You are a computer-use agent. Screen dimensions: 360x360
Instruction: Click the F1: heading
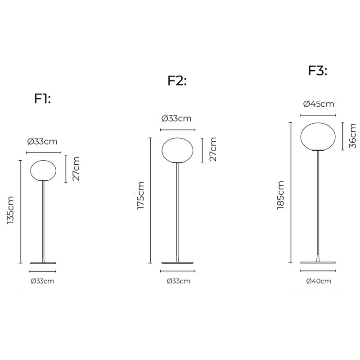[x=43, y=99]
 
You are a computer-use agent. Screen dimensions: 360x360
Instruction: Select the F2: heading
[x=177, y=81]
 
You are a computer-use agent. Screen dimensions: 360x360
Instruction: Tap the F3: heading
[x=317, y=71]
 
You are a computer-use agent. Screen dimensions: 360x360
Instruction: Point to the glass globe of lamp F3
[x=319, y=135]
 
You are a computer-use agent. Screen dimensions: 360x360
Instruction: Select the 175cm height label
[x=141, y=196]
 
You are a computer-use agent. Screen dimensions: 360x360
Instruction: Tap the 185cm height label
[x=281, y=195]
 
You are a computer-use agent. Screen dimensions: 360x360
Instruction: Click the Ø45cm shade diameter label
[x=319, y=104]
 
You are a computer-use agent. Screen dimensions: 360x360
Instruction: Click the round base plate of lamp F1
[x=43, y=263]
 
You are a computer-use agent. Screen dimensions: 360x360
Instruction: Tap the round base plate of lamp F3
[x=319, y=262]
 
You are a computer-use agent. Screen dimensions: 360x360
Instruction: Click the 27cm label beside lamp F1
[x=76, y=169]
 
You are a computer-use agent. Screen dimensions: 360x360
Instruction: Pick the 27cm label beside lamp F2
[x=213, y=149]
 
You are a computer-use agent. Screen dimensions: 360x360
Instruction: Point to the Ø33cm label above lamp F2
[x=176, y=119]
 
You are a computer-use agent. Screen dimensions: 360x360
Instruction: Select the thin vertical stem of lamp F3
[x=319, y=202]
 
